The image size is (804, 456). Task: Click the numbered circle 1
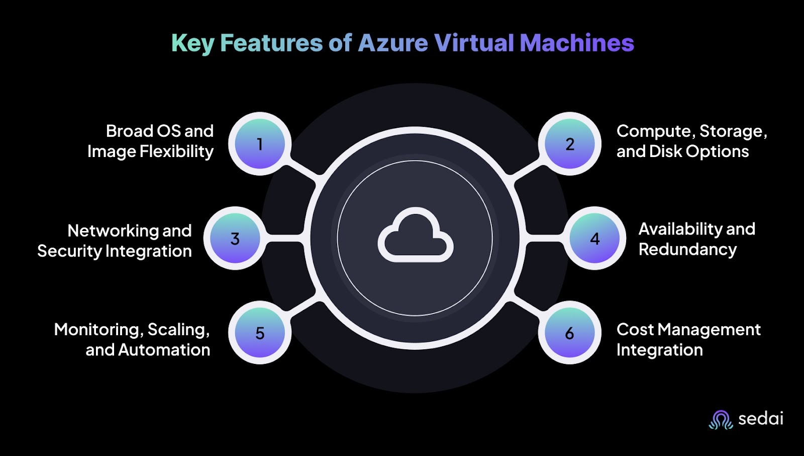tap(260, 144)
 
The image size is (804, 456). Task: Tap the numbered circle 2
tap(569, 144)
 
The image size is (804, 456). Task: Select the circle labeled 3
tap(235, 238)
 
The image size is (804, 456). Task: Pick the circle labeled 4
tap(594, 238)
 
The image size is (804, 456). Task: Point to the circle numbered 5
tap(260, 333)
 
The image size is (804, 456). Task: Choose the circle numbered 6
tap(569, 333)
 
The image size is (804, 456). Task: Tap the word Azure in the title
tap(392, 43)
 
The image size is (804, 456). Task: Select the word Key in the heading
tap(192, 43)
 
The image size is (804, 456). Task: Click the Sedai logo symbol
tap(721, 419)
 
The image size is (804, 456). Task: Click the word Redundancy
tap(687, 250)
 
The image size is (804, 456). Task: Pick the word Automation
tap(164, 350)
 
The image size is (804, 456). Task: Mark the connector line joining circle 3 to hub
tap(284, 238)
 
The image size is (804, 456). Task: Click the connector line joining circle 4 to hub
tap(545, 238)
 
